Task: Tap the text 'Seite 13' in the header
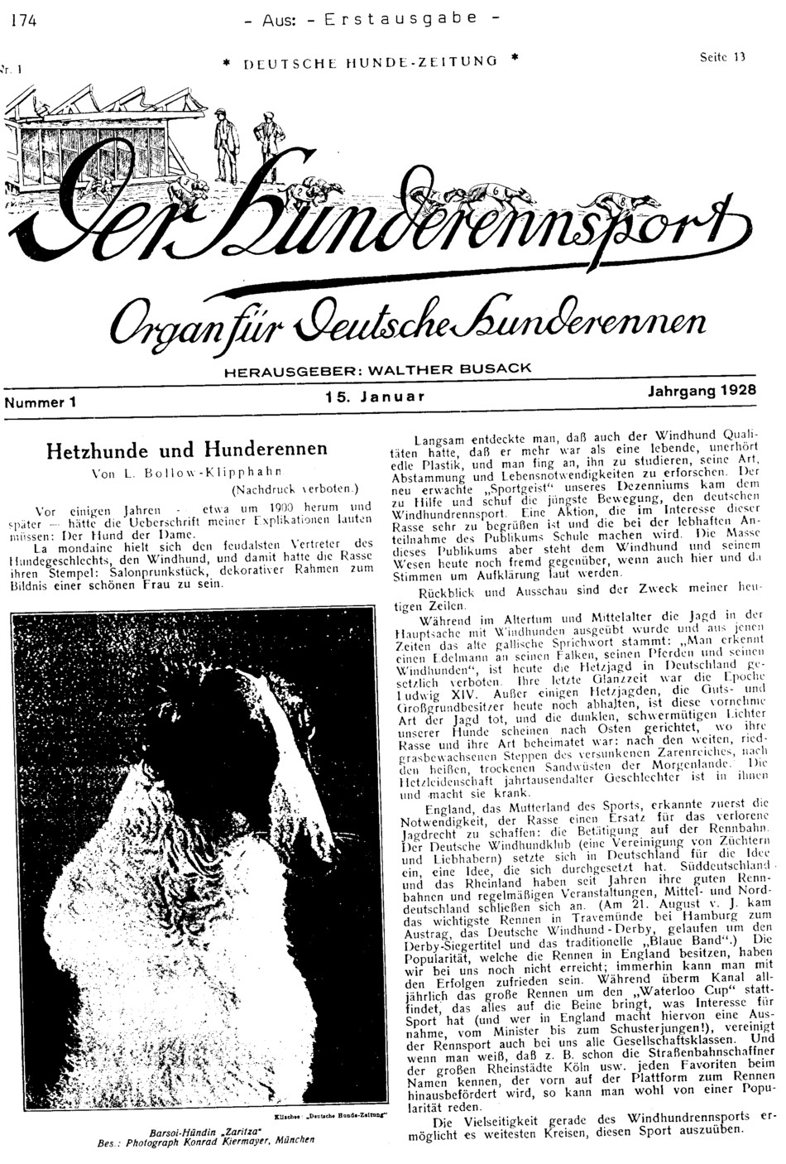(x=723, y=57)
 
